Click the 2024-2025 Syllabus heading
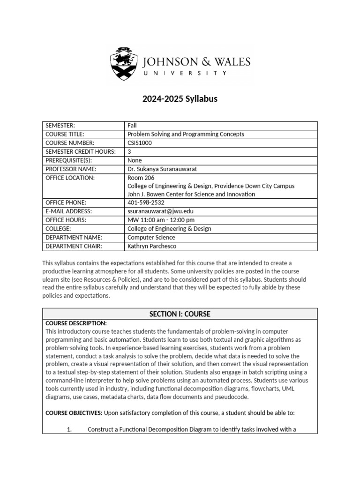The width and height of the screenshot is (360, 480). [x=180, y=99]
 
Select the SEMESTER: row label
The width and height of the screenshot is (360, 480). [x=60, y=126]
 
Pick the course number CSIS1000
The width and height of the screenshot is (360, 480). [x=140, y=143]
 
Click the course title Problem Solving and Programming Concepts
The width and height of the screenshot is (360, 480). [x=186, y=134]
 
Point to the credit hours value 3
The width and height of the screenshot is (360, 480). [x=129, y=151]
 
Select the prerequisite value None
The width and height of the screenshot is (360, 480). [x=135, y=160]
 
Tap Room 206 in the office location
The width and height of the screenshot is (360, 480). [x=141, y=178]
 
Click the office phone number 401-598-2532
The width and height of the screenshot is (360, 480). [x=146, y=202]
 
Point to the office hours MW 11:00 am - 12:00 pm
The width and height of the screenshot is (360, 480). [x=161, y=220]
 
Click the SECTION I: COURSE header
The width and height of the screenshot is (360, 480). [x=180, y=314]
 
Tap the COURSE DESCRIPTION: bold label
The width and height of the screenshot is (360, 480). [x=76, y=323]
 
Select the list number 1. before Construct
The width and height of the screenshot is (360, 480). [x=68, y=429]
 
